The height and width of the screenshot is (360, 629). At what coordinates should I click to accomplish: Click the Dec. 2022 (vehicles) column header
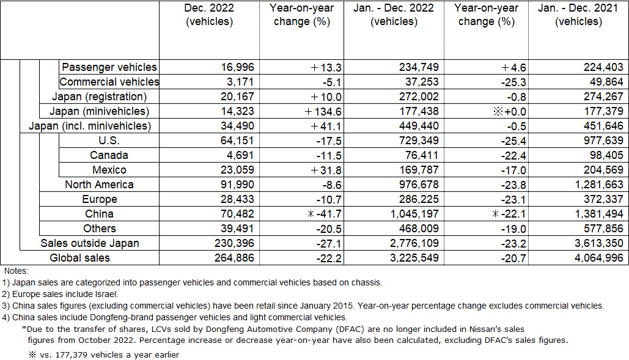click(x=209, y=15)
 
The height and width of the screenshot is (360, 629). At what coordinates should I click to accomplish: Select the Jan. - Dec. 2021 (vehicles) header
click(x=578, y=15)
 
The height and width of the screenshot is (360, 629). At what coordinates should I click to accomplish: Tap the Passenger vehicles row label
click(x=109, y=67)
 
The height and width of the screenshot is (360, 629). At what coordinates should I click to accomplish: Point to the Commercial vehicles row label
click(x=109, y=82)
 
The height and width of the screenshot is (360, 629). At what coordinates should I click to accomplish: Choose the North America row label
click(x=99, y=185)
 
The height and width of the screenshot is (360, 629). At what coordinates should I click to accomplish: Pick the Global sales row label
click(x=79, y=258)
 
